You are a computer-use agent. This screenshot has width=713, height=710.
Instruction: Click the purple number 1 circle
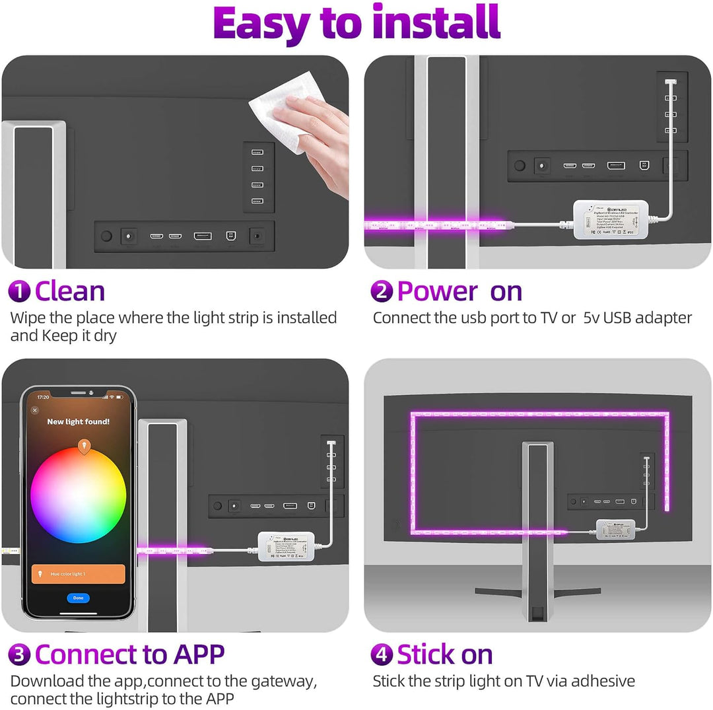click(x=19, y=291)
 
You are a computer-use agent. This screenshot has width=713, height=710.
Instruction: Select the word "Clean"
click(x=69, y=291)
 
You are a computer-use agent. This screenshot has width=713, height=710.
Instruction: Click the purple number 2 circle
click(x=382, y=291)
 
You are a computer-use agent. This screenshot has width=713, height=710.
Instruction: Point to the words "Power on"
click(x=459, y=291)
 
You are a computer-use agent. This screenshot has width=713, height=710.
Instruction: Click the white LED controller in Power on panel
click(x=601, y=219)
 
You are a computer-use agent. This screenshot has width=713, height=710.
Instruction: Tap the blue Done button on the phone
click(x=78, y=598)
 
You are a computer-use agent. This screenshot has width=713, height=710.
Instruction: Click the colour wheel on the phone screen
click(x=78, y=495)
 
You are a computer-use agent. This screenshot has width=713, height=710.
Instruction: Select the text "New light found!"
click(x=78, y=421)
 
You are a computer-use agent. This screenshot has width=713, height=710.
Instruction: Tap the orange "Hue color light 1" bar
click(x=78, y=574)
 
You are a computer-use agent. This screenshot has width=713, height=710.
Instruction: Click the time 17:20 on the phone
click(x=43, y=398)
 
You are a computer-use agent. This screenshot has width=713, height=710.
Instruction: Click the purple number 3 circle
click(x=19, y=655)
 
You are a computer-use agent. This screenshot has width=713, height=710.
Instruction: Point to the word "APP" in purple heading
click(x=199, y=655)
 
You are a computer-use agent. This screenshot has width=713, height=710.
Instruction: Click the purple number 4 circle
click(x=382, y=655)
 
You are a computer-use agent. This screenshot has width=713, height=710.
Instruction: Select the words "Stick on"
click(x=445, y=655)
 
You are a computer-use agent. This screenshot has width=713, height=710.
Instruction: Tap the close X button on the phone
click(x=35, y=410)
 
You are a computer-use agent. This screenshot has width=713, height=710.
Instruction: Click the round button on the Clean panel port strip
click(x=106, y=235)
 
